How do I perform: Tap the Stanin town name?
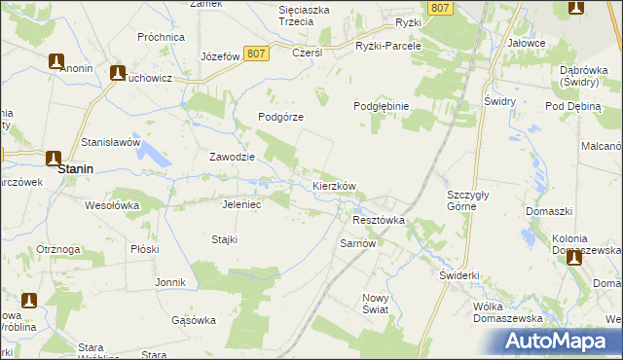75,168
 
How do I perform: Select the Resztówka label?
377,221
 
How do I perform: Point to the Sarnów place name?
357,243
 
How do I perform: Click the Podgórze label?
281,117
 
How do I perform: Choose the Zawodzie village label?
233,157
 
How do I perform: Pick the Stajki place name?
225,239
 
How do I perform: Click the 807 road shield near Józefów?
256,54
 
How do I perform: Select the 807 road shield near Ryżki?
441,8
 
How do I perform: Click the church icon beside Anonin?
56,60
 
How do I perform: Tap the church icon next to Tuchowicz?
118,72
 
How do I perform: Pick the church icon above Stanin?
53,158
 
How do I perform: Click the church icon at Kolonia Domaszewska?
574,257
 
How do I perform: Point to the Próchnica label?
162,37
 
